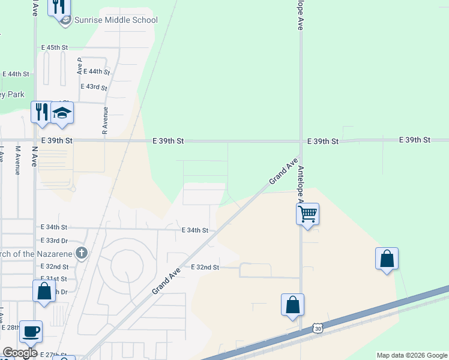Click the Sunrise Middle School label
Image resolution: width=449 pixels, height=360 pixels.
pos(116,20)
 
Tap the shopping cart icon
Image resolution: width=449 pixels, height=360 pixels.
pos(307,212)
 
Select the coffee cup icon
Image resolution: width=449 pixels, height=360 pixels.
pos(31,330)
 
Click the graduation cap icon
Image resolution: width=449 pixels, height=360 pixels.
pos(62,113)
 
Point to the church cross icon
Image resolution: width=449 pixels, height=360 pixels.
pos(82,253)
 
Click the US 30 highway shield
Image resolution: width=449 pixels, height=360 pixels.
pos(317,329)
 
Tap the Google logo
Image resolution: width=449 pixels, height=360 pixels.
pos(20,353)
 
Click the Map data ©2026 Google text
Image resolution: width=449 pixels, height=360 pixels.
pos(412,355)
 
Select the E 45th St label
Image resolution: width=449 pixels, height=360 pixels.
pos(55,47)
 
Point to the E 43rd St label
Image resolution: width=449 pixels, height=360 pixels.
pos(94,87)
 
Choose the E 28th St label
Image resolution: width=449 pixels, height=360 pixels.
pos(11,328)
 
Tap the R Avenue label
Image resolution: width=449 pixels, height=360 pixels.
pos(105,122)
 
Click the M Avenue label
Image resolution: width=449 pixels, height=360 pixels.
pos(18,160)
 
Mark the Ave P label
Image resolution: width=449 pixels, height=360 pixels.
pos(79,66)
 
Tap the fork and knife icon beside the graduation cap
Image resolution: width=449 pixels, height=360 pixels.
pos(41,112)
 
